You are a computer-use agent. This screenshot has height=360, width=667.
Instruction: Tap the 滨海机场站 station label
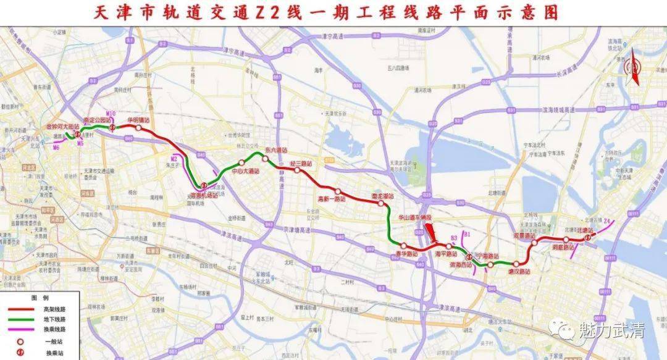[203, 195]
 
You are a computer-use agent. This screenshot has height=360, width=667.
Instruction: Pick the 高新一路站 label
[331, 199]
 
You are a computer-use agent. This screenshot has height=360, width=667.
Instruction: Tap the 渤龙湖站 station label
[383, 196]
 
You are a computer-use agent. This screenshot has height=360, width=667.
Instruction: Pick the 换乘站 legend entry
[55, 354]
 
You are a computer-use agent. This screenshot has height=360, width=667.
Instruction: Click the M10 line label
[111, 114]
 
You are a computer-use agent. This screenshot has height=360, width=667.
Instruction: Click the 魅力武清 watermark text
[611, 331]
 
